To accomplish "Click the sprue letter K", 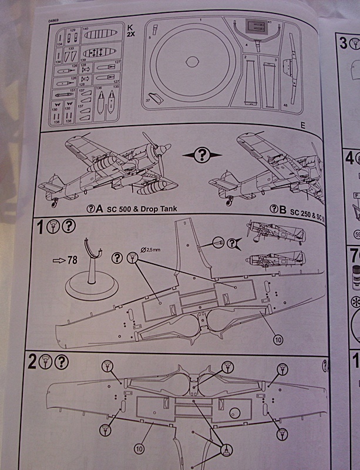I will coord(130,27).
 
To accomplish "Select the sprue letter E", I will coord(302,125).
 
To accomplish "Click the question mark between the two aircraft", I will coord(201,155).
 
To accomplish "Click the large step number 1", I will coord(41,226).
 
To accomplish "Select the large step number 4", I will coord(349,157).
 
